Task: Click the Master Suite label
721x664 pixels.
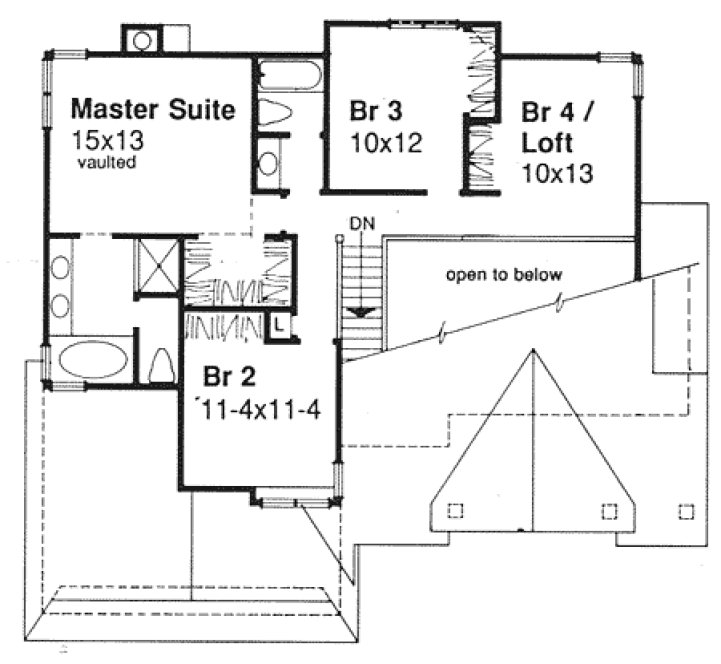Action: click(x=154, y=107)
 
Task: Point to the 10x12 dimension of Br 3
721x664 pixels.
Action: click(x=385, y=142)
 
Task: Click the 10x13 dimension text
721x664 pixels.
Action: click(x=557, y=172)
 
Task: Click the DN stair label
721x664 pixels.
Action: click(x=362, y=223)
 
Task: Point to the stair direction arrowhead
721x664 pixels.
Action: click(x=361, y=312)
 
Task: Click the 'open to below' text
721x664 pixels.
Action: click(x=504, y=275)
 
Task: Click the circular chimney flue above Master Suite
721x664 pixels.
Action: click(x=143, y=40)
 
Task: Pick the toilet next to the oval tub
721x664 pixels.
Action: click(x=159, y=365)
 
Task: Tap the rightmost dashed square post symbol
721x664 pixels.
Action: click(x=685, y=511)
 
